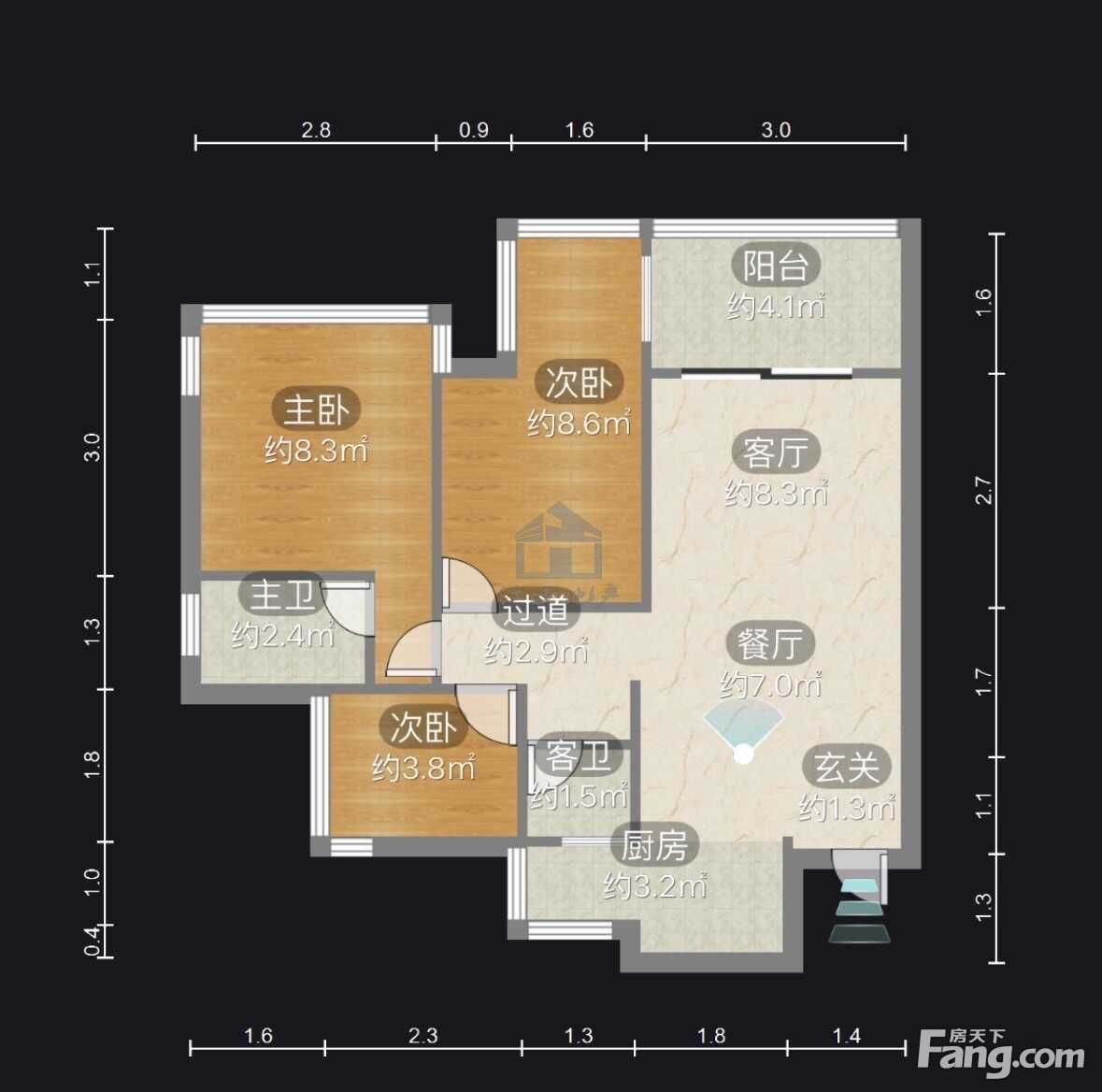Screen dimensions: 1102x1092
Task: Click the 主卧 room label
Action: [316, 409]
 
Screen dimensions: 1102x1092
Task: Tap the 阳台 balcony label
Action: [775, 266]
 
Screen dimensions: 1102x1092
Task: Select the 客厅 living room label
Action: [775, 453]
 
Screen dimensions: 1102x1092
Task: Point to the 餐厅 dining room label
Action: [770, 643]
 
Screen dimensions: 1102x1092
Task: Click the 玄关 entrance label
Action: [847, 767]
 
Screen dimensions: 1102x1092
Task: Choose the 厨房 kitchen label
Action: [654, 845]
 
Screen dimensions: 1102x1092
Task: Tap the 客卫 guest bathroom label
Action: [579, 755]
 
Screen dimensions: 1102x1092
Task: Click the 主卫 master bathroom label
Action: [282, 595]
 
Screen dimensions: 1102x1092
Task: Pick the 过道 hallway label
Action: [537, 611]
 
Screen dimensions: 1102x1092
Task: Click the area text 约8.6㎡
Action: [579, 423]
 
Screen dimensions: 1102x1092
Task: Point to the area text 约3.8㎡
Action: [423, 768]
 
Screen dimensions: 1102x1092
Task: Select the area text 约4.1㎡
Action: [775, 306]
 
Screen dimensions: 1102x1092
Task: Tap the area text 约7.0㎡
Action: [770, 684]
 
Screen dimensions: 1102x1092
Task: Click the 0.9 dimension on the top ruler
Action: [474, 130]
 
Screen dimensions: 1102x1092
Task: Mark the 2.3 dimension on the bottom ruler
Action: [423, 1035]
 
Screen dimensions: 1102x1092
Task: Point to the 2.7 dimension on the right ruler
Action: [984, 490]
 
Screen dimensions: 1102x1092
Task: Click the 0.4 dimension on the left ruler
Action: [93, 941]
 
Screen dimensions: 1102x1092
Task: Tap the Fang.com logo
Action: [1001, 1052]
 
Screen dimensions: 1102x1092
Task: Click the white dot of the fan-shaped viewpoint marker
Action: [744, 754]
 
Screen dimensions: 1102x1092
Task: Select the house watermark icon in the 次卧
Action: [559, 540]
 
